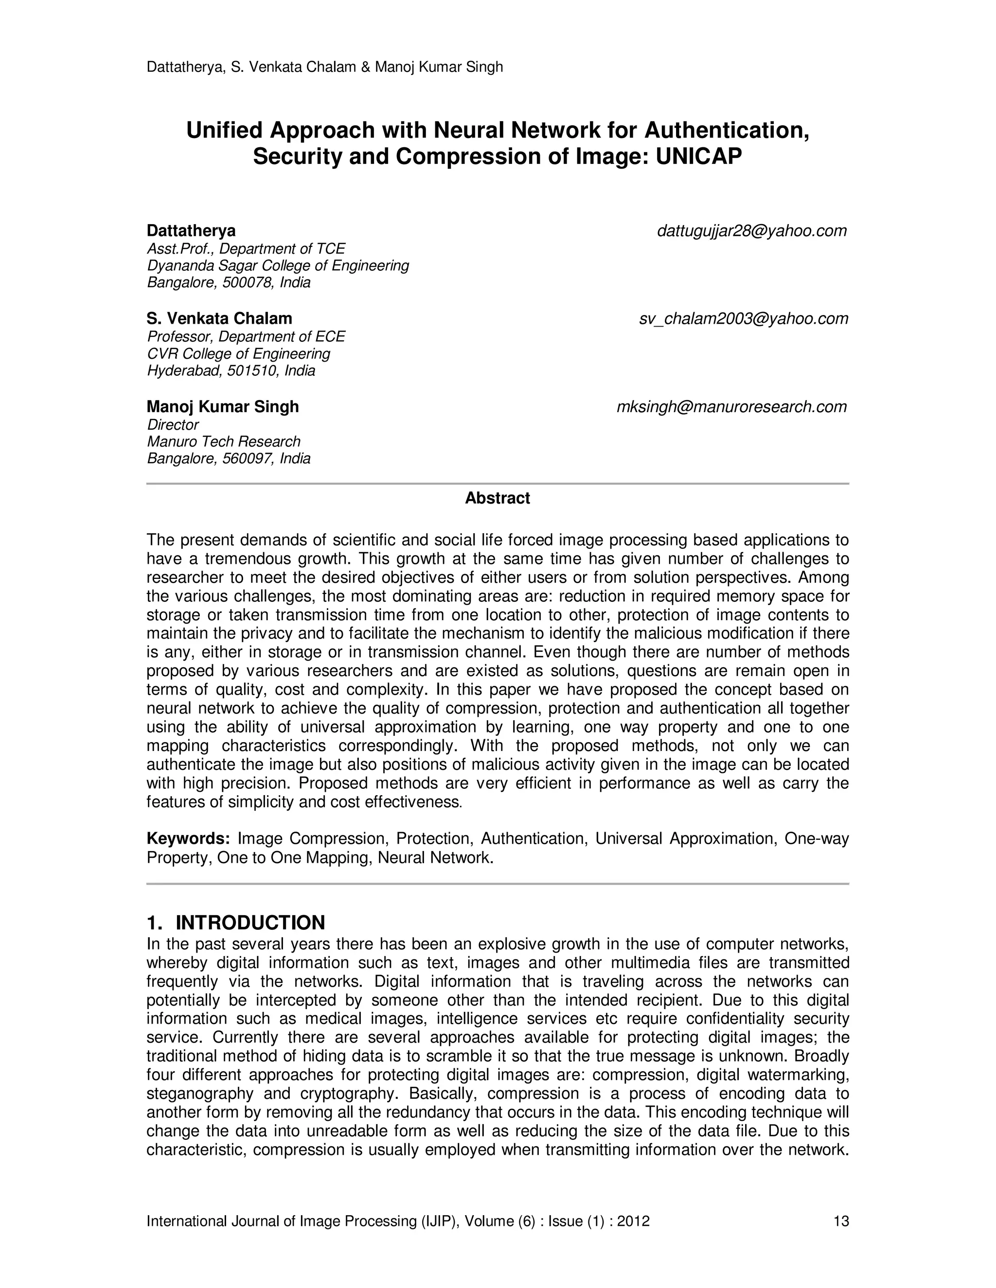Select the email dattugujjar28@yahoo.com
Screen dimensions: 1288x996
[x=752, y=231]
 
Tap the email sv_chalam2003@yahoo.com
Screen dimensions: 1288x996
[x=744, y=319]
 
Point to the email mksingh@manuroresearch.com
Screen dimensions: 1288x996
[x=731, y=407]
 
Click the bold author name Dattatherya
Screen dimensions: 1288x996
[x=191, y=230]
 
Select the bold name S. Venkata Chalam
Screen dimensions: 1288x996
[x=219, y=318]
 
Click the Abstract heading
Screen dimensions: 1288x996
[x=498, y=498]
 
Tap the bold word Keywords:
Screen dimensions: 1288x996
[x=188, y=838]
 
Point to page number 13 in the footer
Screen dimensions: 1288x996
[x=841, y=1221]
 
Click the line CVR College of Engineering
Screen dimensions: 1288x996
[x=238, y=354]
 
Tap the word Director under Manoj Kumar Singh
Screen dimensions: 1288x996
[x=173, y=425]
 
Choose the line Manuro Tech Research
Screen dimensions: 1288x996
[x=224, y=442]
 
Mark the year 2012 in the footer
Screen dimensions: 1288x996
[x=633, y=1221]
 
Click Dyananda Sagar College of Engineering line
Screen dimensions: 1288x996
[x=278, y=265]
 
